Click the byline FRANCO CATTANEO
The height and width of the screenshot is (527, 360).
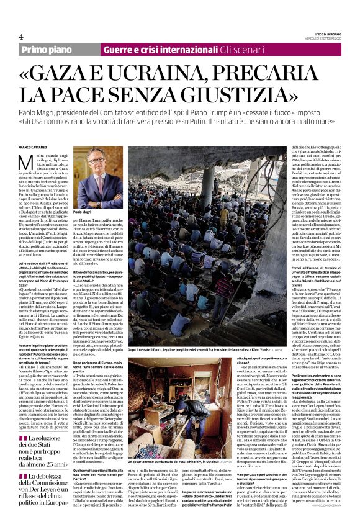[37, 147]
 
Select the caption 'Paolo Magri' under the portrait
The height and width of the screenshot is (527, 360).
[83, 212]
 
